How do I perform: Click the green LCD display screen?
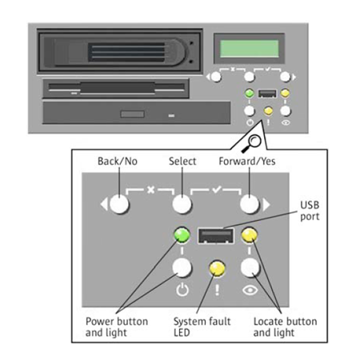249,49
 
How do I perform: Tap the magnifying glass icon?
252,143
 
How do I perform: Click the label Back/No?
118,162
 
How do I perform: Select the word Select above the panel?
182,162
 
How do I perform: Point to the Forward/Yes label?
247,162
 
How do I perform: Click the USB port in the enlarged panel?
216,236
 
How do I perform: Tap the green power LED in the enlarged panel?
182,235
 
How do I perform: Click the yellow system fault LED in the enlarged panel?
217,268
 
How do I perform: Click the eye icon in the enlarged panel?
250,290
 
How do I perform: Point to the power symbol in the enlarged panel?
182,290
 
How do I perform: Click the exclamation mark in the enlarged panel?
217,290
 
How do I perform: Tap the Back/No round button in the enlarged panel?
119,204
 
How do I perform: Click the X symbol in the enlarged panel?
151,190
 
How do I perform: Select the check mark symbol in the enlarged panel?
217,190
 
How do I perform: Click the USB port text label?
310,210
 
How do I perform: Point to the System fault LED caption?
202,327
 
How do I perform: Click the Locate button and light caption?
285,327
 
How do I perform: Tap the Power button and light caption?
117,327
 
